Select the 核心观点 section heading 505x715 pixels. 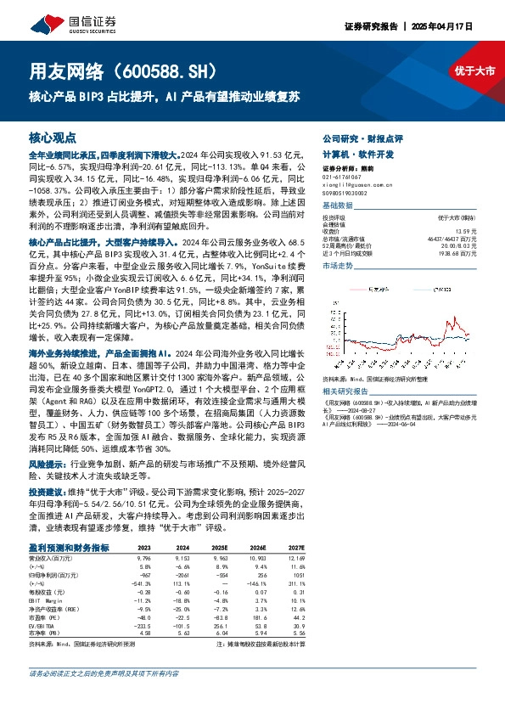click(53, 136)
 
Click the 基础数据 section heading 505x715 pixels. click(337, 205)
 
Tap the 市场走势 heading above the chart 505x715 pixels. click(337, 266)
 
